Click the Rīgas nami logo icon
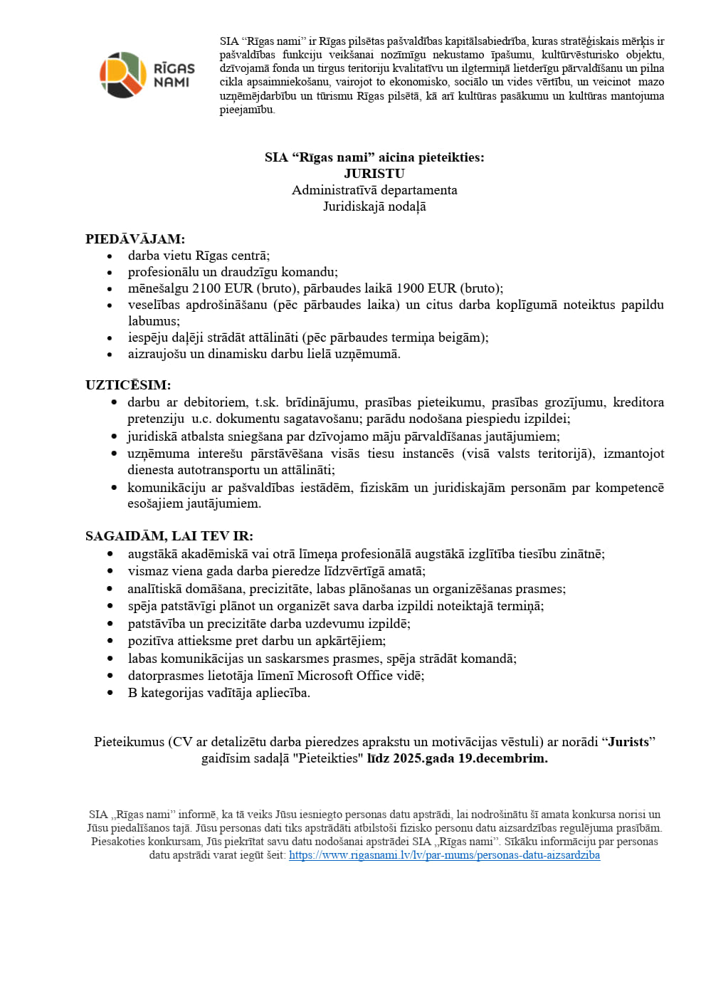123,75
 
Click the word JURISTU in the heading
374,174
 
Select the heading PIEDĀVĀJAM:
135,239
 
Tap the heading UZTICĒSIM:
128,385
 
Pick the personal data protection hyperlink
444,855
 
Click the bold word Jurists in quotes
628,742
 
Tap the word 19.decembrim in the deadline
502,758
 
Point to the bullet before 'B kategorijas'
110,694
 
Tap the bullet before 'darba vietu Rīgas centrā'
110,256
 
